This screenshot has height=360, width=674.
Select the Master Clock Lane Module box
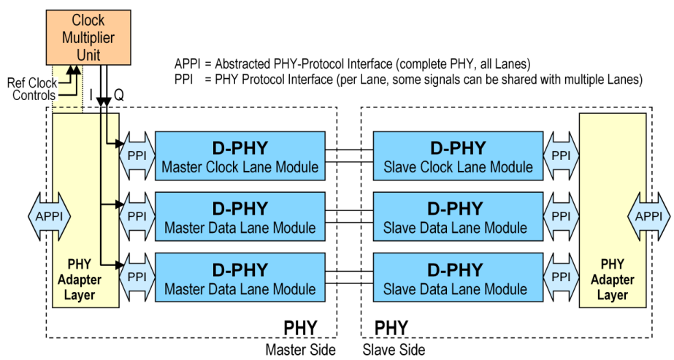click(x=240, y=156)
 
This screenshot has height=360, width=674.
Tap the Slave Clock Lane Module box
click(x=458, y=156)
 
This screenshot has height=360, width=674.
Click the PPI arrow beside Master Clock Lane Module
click(x=137, y=156)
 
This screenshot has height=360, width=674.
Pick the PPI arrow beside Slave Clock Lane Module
click(x=561, y=156)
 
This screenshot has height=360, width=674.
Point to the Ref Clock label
click(x=31, y=83)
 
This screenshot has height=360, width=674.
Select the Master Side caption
click(x=302, y=349)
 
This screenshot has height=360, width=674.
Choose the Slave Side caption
click(x=394, y=349)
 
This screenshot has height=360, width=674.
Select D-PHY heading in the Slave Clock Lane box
click(x=458, y=148)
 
